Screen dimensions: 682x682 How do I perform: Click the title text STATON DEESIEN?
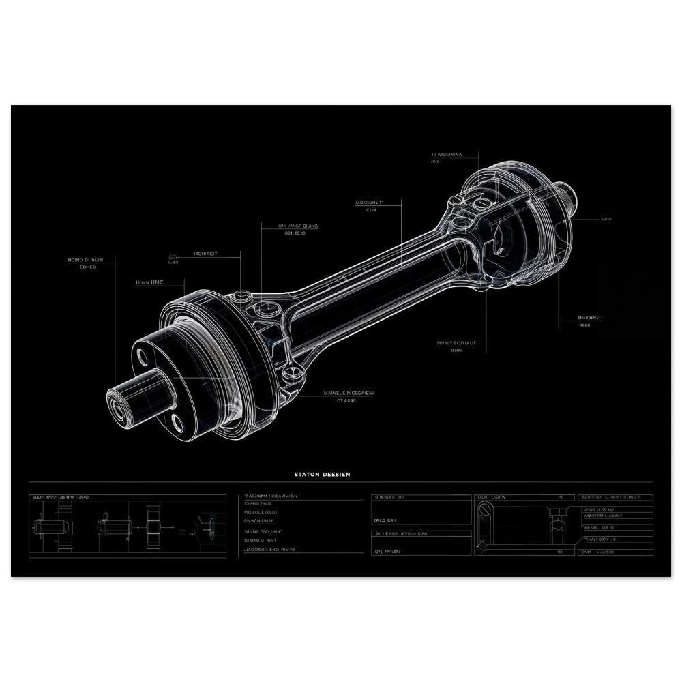click(323, 474)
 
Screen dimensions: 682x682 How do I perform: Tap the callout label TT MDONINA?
click(447, 155)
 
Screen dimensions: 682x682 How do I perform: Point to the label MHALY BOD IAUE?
click(456, 343)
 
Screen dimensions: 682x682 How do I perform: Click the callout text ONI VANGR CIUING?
click(298, 226)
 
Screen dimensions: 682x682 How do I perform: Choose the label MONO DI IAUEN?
click(86, 260)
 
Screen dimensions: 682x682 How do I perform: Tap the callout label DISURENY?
click(588, 318)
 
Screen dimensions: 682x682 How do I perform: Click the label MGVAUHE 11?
click(370, 203)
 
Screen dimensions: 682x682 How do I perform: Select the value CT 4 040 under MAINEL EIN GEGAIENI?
click(346, 401)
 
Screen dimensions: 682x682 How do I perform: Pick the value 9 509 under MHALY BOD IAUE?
click(456, 351)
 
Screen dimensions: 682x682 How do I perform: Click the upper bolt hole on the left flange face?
click(142, 355)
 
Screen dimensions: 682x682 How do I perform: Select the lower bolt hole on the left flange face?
click(178, 424)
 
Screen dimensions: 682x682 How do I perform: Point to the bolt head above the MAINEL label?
click(295, 372)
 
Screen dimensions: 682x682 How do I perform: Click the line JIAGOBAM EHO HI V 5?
click(270, 549)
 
